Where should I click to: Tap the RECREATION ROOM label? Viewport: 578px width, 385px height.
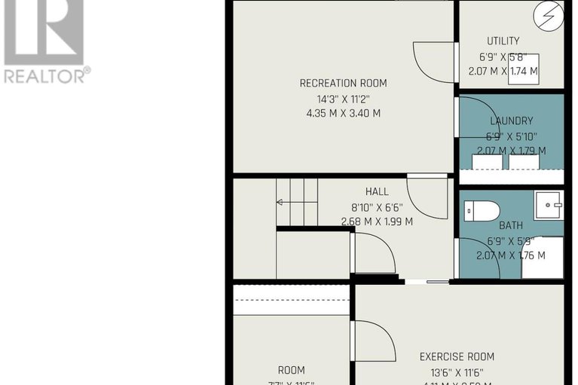pos(344,83)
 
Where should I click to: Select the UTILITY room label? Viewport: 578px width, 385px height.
pos(503,41)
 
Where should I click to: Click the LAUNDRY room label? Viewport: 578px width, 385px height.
pos(511,121)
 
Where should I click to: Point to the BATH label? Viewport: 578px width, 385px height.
pos(510,225)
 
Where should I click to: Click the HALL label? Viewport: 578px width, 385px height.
pos(377,191)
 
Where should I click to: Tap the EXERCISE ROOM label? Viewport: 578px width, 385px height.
pos(457,356)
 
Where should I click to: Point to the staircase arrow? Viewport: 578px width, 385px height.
pos(285,202)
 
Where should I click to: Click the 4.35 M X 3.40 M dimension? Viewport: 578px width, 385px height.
pos(344,113)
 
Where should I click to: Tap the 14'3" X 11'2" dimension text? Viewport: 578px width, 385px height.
pos(344,98)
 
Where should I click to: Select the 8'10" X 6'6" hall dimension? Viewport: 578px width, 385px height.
pos(377,206)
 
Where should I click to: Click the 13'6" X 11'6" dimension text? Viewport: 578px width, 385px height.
pos(457,372)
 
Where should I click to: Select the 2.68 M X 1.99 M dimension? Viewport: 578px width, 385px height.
pos(377,222)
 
